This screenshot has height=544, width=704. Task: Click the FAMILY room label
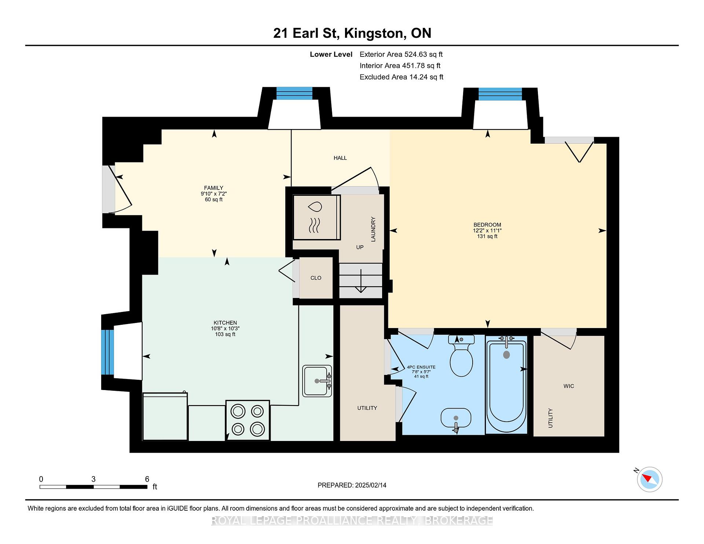pyautogui.click(x=214, y=188)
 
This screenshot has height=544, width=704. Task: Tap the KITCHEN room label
pyautogui.click(x=225, y=323)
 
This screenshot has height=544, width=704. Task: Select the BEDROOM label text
pyautogui.click(x=487, y=225)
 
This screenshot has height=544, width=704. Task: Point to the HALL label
pyautogui.click(x=340, y=158)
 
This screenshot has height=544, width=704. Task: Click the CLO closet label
pyautogui.click(x=316, y=278)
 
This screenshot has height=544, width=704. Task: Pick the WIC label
pyautogui.click(x=569, y=386)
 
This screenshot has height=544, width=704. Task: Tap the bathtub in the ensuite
pyautogui.click(x=506, y=385)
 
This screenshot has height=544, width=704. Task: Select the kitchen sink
pyautogui.click(x=317, y=381)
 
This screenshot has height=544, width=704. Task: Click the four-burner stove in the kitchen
pyautogui.click(x=247, y=420)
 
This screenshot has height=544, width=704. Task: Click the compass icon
pyautogui.click(x=650, y=479)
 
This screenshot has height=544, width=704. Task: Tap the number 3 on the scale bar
pyautogui.click(x=93, y=479)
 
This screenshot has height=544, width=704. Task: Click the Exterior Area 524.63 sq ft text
pyautogui.click(x=401, y=54)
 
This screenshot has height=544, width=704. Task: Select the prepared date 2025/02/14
pyautogui.click(x=371, y=485)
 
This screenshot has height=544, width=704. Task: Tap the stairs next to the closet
pyautogui.click(x=361, y=281)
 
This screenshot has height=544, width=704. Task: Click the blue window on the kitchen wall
pyautogui.click(x=108, y=352)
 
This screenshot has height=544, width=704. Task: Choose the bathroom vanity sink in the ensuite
pyautogui.click(x=456, y=419)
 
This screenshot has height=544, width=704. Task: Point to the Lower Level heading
pyautogui.click(x=331, y=54)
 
